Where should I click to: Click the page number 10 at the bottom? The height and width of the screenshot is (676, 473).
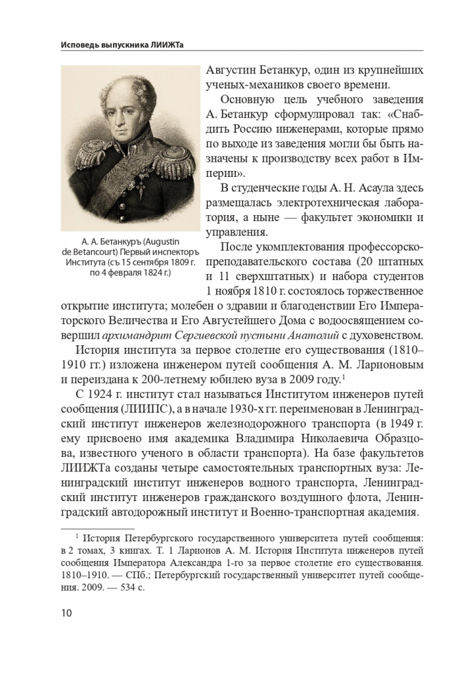(x=66, y=613)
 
